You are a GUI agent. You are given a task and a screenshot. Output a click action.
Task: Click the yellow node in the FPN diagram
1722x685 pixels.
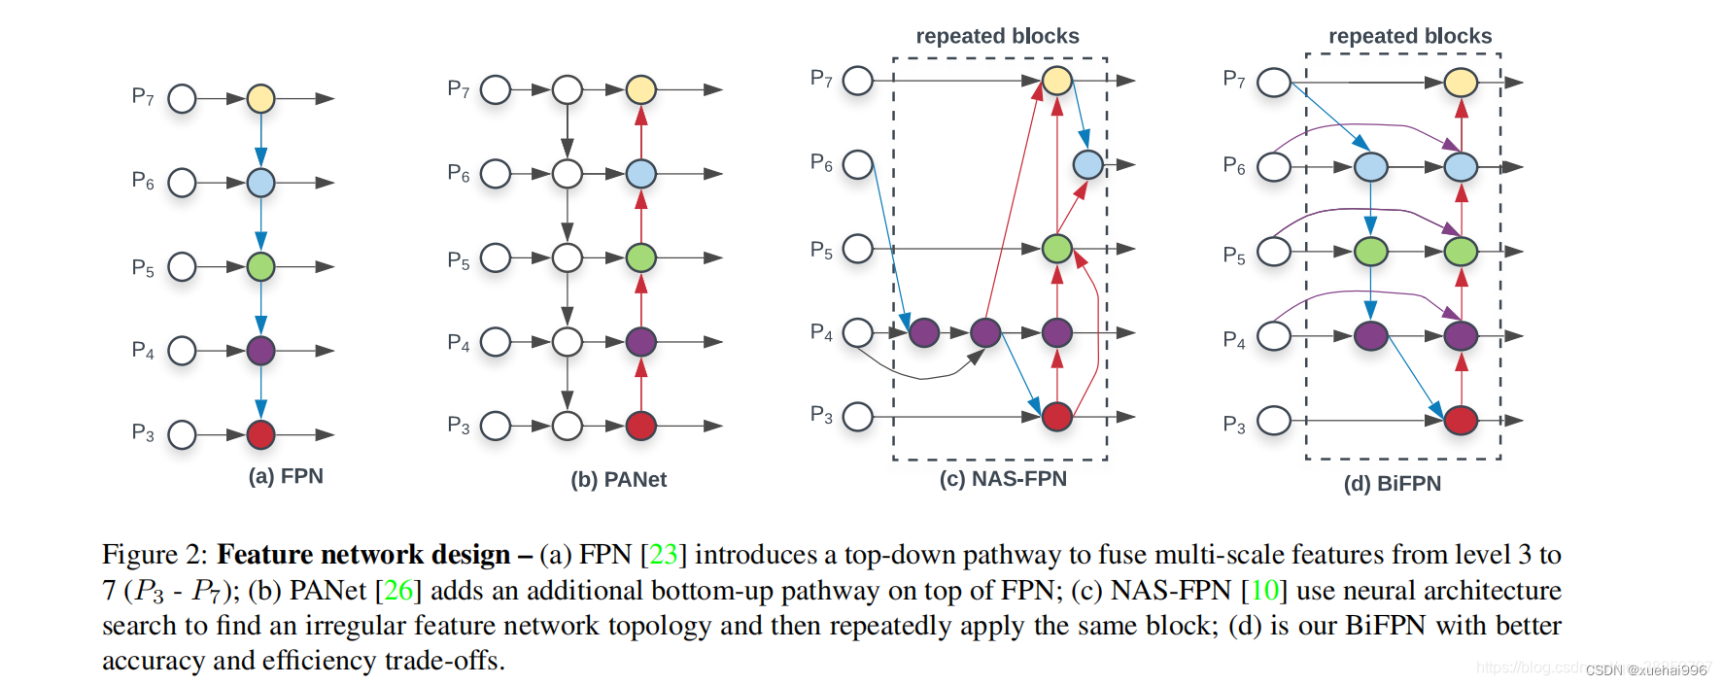tap(260, 98)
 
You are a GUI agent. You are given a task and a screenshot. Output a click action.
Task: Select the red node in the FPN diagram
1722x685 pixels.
tap(260, 434)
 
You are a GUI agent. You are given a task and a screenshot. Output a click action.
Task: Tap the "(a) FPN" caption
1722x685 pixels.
tap(286, 476)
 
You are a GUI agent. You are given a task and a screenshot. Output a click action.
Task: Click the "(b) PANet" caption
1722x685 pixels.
tap(618, 479)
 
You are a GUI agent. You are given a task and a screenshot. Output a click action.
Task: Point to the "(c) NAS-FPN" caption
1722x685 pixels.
tap(1003, 478)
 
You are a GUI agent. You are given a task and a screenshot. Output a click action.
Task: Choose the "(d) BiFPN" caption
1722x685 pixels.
tap(1392, 483)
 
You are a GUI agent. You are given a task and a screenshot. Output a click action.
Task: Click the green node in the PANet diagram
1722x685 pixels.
tap(640, 257)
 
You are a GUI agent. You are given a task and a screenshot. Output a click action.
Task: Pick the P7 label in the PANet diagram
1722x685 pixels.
tap(458, 89)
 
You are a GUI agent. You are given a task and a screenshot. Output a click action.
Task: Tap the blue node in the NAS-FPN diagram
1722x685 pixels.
tap(1087, 164)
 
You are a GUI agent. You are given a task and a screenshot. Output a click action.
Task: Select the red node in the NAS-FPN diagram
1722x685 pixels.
tap(1056, 417)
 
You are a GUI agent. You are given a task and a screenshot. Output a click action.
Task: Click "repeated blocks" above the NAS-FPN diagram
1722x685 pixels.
tap(997, 36)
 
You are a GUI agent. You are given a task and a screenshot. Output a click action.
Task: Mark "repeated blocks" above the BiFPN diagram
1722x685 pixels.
tap(1409, 36)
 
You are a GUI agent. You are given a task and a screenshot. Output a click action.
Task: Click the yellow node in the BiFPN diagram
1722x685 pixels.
tap(1460, 83)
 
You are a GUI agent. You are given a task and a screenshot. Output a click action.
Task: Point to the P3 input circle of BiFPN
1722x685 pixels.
tap(1273, 421)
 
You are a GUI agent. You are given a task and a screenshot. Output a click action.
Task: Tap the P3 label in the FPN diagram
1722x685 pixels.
tap(143, 432)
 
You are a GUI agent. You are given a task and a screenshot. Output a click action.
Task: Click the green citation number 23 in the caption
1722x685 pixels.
tap(664, 554)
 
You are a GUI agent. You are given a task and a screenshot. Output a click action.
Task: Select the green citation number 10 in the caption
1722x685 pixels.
tap(1264, 590)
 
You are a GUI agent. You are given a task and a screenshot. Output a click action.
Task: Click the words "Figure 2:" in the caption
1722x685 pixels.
tap(155, 554)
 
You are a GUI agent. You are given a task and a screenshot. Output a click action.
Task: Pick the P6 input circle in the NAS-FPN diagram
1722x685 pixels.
tap(857, 164)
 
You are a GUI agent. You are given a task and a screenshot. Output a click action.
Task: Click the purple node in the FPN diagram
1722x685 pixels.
tap(260, 351)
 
